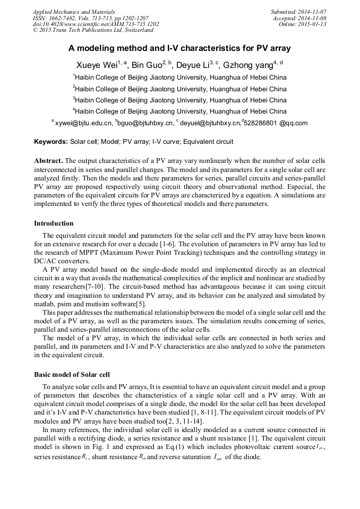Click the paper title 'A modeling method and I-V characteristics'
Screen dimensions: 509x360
click(x=179, y=48)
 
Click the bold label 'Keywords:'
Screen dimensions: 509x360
click(x=51, y=142)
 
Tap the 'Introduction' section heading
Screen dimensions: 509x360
click(x=54, y=223)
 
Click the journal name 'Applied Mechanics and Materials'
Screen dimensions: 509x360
click(x=74, y=12)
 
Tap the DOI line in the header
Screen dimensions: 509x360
click(x=96, y=24)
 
